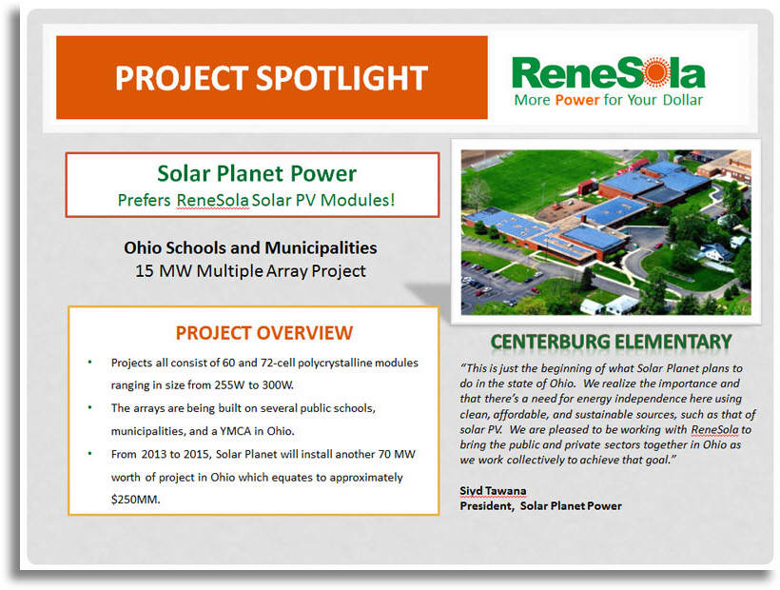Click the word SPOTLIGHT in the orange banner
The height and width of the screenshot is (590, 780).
(x=341, y=78)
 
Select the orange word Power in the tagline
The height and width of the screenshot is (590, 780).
(x=577, y=100)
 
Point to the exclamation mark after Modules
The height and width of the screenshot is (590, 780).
(x=392, y=200)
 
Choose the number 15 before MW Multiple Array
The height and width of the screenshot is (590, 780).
(x=145, y=271)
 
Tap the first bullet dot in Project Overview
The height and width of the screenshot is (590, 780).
(x=90, y=363)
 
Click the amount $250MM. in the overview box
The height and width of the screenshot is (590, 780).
(x=135, y=500)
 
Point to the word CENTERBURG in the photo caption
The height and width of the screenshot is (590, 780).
(x=550, y=342)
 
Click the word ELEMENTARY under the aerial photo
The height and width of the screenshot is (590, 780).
(x=673, y=342)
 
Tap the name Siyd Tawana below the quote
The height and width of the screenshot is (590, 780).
(x=493, y=490)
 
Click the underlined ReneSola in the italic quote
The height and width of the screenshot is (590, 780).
(x=714, y=429)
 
